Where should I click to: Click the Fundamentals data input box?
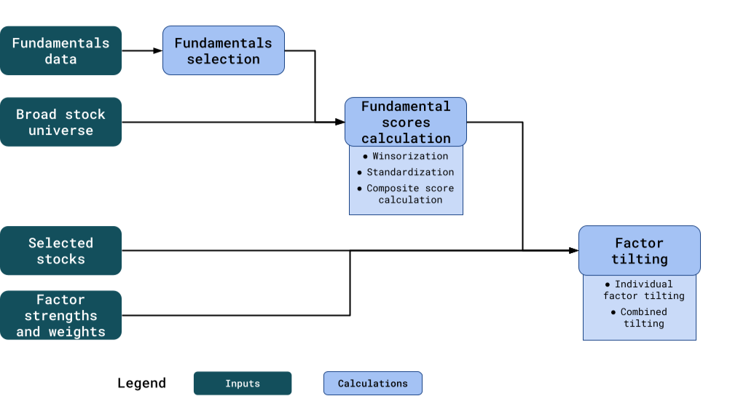pyautogui.click(x=60, y=51)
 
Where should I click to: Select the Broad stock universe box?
pyautogui.click(x=60, y=122)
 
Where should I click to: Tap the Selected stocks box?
pyautogui.click(x=60, y=251)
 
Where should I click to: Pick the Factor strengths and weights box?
pyautogui.click(x=60, y=315)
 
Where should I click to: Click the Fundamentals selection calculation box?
pyautogui.click(x=223, y=51)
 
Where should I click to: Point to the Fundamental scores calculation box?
pyautogui.click(x=406, y=122)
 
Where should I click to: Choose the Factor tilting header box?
pyautogui.click(x=639, y=251)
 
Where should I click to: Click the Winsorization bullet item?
pyautogui.click(x=405, y=156)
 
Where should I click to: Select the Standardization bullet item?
pyautogui.click(x=405, y=172)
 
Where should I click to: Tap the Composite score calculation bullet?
pyautogui.click(x=406, y=194)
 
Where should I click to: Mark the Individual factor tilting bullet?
pyautogui.click(x=639, y=290)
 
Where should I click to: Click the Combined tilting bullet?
pyautogui.click(x=639, y=317)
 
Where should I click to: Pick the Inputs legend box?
pyautogui.click(x=243, y=384)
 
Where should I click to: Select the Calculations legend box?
pyautogui.click(x=373, y=384)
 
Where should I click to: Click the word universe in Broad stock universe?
pyautogui.click(x=60, y=131)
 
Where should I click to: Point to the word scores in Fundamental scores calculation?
pyautogui.click(x=406, y=122)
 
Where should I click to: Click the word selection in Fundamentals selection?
pyautogui.click(x=223, y=60)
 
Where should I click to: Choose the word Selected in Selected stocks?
pyautogui.click(x=60, y=243)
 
